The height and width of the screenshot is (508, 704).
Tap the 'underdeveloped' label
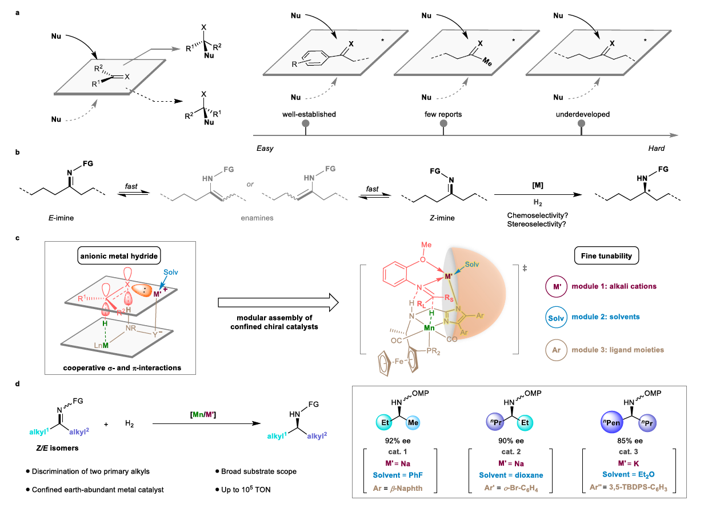point(582,114)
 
